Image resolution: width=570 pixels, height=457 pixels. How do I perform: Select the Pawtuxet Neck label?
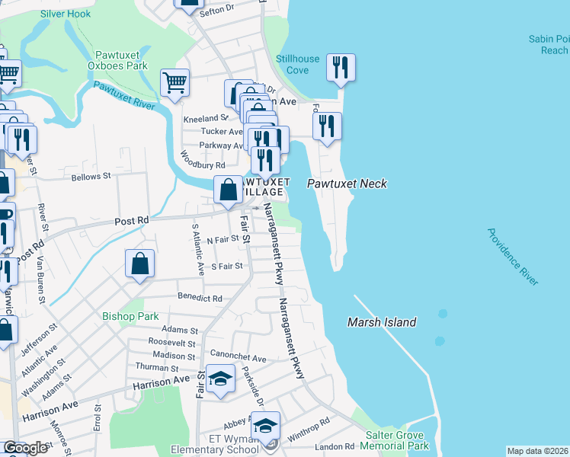[x=347, y=184]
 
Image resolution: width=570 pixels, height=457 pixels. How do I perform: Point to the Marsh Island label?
[x=382, y=322]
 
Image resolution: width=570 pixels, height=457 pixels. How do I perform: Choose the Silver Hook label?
[x=66, y=14]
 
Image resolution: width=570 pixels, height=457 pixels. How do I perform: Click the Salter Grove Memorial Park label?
[x=396, y=440]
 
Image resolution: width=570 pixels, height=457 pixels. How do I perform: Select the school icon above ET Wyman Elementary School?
[x=266, y=426]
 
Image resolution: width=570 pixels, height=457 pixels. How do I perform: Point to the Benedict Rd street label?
[x=200, y=299]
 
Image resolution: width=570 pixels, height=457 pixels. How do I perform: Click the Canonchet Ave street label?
[x=242, y=358]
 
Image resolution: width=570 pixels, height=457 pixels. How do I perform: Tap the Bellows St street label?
[x=91, y=176]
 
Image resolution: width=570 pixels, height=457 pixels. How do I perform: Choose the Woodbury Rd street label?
[x=203, y=161]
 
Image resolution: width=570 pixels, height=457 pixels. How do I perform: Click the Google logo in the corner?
[x=25, y=448]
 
